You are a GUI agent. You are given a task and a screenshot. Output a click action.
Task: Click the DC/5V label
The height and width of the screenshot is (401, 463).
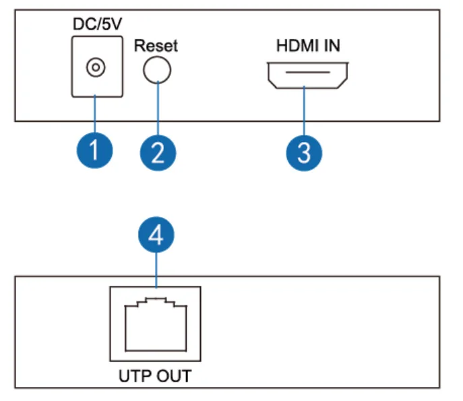click(x=97, y=24)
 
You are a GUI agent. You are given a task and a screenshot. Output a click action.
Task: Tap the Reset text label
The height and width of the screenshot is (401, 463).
click(x=156, y=46)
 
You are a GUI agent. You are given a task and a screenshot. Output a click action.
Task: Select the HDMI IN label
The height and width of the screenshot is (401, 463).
click(x=308, y=45)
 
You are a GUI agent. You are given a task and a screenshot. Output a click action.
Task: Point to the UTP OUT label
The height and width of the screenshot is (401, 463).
click(x=155, y=376)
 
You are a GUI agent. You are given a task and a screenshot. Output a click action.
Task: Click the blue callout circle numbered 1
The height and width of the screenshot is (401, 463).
click(x=94, y=150)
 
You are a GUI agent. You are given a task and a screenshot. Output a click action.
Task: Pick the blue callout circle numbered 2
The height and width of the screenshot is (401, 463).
click(x=158, y=153)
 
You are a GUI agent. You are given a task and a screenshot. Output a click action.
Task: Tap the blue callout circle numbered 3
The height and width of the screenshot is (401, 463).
click(x=304, y=153)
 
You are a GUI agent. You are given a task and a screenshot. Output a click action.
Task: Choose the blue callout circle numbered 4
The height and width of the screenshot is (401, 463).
click(x=156, y=235)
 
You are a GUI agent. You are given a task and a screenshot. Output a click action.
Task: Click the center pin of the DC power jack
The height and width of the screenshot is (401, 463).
click(x=96, y=67)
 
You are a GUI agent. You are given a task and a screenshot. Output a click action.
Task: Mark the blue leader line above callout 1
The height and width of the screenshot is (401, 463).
click(x=95, y=114)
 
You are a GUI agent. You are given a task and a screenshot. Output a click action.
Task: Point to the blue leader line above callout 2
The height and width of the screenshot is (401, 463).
click(x=158, y=109)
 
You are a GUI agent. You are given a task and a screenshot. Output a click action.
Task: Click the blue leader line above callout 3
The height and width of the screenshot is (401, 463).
click(x=304, y=111)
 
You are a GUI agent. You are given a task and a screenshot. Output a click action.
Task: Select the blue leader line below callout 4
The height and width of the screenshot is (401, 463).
click(x=156, y=270)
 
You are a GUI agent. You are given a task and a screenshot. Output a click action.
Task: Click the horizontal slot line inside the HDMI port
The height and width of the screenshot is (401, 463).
click(x=307, y=72)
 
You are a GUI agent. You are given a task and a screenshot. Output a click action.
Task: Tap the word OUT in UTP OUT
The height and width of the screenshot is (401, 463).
click(x=174, y=376)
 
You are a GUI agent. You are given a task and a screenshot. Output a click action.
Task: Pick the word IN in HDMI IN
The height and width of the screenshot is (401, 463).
click(x=332, y=45)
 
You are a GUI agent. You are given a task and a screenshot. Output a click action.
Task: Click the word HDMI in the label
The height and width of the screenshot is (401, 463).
click(x=298, y=45)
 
